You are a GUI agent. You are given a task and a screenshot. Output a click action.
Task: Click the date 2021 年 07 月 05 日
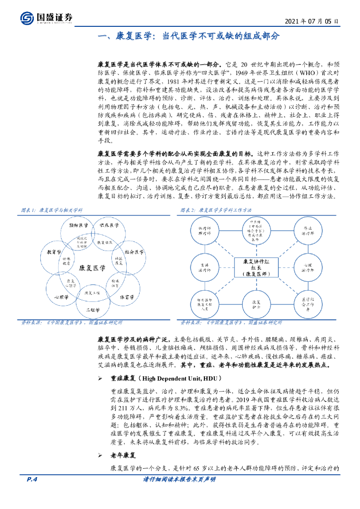click(x=312, y=22)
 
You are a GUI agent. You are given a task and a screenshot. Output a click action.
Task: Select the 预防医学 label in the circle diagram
click(x=79, y=225)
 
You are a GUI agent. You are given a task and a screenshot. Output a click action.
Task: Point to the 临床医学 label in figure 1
click(x=109, y=225)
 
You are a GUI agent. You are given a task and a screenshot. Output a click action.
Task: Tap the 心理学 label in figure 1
click(x=61, y=297)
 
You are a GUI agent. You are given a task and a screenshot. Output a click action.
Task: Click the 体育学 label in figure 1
click(x=127, y=297)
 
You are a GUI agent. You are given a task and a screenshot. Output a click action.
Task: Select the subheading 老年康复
click(x=123, y=455)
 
